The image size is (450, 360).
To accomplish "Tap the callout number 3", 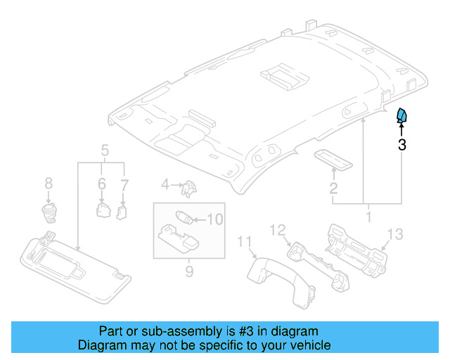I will [401, 146].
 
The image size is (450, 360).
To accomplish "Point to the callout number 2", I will [333, 188].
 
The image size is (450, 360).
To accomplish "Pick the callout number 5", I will [101, 184].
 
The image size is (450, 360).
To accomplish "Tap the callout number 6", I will [124, 184].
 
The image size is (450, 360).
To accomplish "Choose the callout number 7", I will [49, 184].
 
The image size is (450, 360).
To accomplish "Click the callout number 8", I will [189, 271].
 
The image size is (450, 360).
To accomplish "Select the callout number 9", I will [214, 219].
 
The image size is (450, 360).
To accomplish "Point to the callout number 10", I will [244, 243].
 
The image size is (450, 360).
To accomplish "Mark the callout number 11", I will [278, 229].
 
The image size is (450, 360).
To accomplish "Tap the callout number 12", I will [395, 234].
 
